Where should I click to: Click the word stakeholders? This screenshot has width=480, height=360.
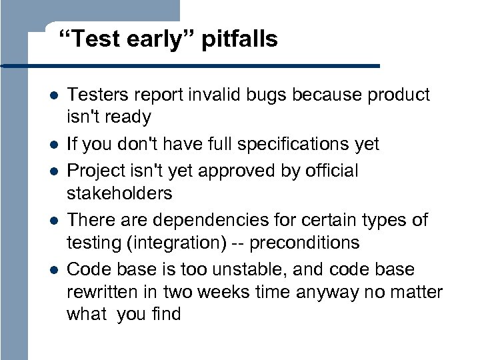(119, 194)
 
